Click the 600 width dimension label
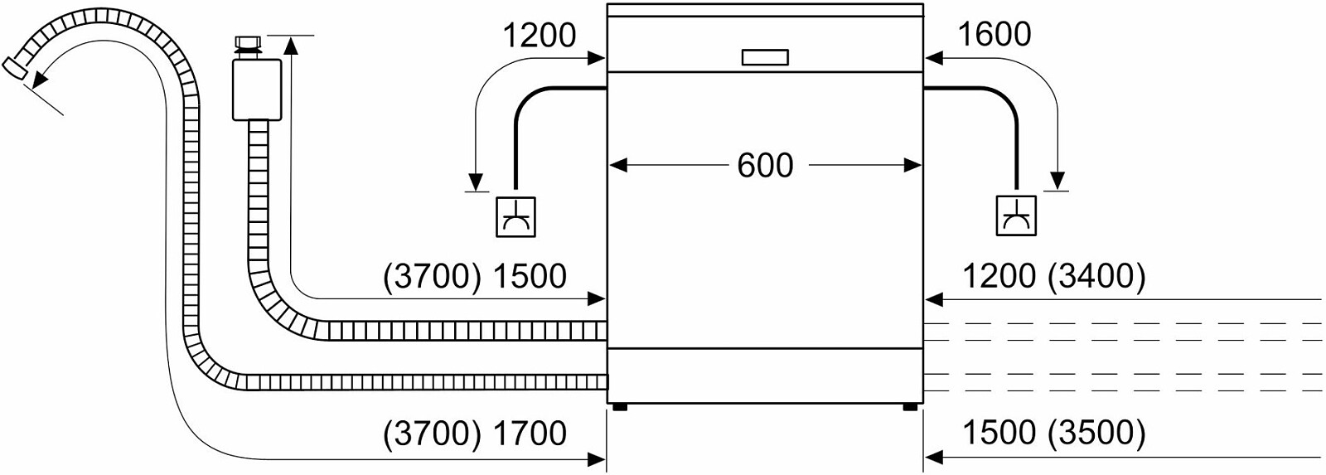coord(765,165)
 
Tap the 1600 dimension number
coord(994,34)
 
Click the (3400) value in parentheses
coord(1096,277)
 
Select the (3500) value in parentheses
coord(1096,434)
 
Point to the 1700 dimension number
coord(530,434)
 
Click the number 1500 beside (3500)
coord(999,434)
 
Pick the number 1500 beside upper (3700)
coord(530,277)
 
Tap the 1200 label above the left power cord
coord(539,34)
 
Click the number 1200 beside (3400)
coord(999,277)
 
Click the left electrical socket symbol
coord(515,216)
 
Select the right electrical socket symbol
coord(1016,215)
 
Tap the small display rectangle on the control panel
coord(765,57)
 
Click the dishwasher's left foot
coord(621,407)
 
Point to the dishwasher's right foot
coord(910,407)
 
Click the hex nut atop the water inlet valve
coord(248,43)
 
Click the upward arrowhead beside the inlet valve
coord(291,45)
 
